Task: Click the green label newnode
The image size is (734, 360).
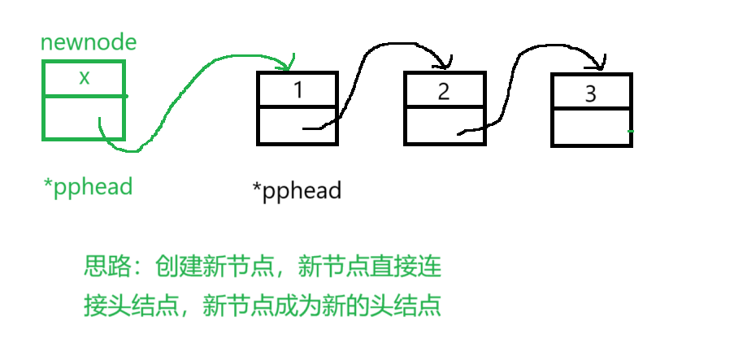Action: pos(89,43)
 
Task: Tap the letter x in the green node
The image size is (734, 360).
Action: pos(84,78)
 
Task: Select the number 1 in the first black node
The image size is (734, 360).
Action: pos(298,89)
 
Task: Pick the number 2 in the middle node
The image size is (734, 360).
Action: pos(444,91)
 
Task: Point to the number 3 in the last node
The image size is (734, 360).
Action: pos(591,93)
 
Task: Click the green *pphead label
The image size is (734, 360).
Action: pos(88,186)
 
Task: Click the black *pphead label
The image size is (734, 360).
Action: pos(297,192)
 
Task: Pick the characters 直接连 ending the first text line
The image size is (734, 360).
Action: pos(412,267)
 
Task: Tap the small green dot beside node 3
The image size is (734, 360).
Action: pos(631,131)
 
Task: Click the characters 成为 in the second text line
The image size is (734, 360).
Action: pos(297,306)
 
